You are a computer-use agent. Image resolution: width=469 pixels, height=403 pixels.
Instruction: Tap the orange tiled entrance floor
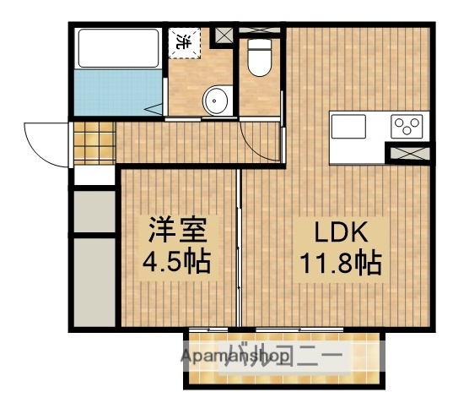pos(92,144)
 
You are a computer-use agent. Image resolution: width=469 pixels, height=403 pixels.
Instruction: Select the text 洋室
pos(176,229)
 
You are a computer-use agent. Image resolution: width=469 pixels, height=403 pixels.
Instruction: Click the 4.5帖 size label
pos(176,260)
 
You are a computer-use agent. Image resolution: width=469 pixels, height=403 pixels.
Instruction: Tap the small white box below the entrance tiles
pos(92,177)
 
